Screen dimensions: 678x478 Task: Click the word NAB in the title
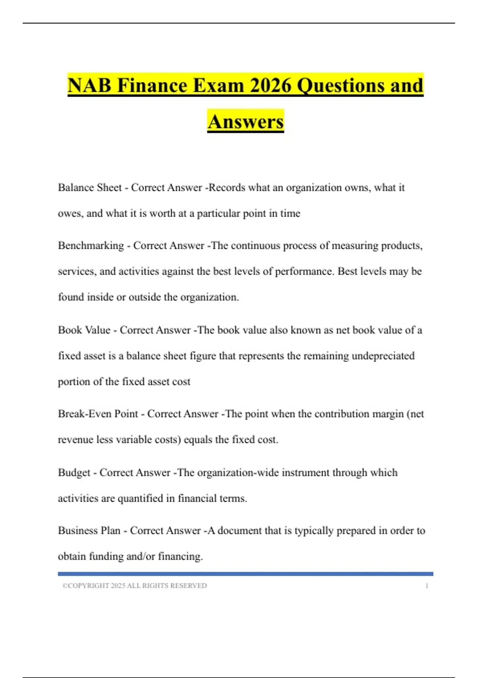[90, 85]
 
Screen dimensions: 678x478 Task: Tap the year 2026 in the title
[270, 85]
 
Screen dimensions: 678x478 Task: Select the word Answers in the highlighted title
[245, 122]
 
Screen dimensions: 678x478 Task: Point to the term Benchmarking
[91, 246]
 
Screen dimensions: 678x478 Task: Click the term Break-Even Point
[98, 414]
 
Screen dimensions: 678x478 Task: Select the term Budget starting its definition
[74, 473]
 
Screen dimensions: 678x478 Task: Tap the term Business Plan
[89, 531]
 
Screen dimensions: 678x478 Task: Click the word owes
[70, 214]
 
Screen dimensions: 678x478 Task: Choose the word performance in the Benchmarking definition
[304, 272]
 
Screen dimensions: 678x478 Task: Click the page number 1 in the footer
[427, 586]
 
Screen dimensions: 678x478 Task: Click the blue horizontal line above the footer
[245, 574]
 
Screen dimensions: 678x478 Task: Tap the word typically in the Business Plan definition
[314, 531]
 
